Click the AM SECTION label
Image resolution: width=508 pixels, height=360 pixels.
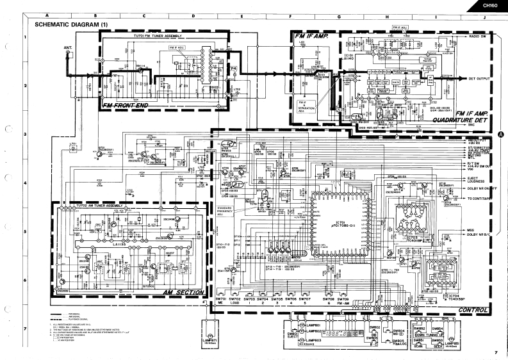184,293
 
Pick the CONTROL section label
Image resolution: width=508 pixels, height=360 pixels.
473,310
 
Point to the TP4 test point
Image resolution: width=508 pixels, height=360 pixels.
233,68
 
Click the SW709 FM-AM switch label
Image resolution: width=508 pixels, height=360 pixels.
345,302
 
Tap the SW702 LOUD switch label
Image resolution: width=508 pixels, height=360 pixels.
234,302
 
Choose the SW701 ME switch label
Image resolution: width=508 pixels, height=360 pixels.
220,302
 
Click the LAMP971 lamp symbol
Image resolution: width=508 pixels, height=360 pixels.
211,337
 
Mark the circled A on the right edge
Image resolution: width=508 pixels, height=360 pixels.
500,133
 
